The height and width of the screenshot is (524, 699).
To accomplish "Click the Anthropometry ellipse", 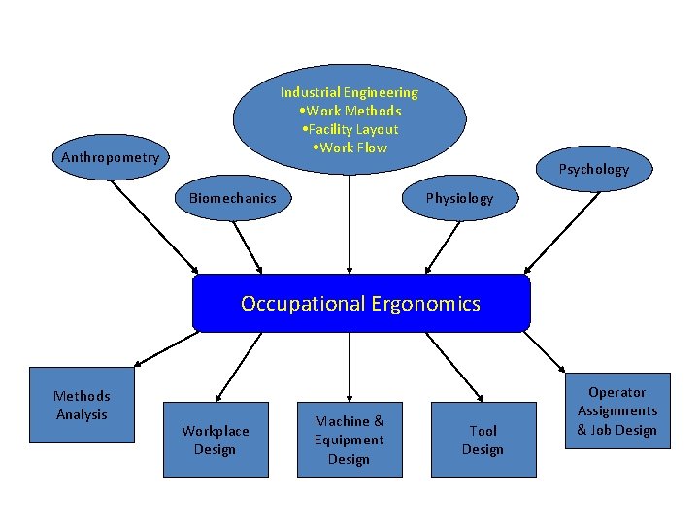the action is tap(111, 157).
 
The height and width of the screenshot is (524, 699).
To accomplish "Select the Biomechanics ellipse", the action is tap(232, 199).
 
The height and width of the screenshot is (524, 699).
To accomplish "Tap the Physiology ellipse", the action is tap(459, 199).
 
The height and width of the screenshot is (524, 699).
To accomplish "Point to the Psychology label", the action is tap(593, 169).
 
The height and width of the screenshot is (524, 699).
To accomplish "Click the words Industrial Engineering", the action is tap(349, 93).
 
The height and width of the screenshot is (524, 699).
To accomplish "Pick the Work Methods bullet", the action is tap(350, 112).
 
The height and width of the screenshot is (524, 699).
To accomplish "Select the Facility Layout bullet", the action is tap(350, 130).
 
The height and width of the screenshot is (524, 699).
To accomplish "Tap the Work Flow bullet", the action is tap(350, 148).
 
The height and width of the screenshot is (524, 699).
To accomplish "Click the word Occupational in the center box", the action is tap(302, 304).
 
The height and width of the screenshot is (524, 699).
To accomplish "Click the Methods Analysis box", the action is tap(83, 405).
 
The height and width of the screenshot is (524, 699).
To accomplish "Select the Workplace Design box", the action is tap(216, 440).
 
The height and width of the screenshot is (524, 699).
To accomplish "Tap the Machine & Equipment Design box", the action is tap(349, 440).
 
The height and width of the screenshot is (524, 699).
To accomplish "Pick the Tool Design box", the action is tap(483, 440).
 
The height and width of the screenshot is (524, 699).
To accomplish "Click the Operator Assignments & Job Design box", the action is tap(617, 410).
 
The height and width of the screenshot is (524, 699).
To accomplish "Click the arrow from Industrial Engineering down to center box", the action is tap(349, 223).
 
